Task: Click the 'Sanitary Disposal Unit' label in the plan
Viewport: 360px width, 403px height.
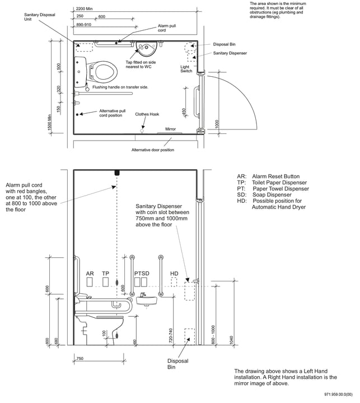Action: click(40, 17)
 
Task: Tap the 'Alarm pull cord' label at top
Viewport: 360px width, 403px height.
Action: click(166, 28)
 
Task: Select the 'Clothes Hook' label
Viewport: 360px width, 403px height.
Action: click(147, 114)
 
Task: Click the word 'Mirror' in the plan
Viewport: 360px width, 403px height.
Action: click(170, 129)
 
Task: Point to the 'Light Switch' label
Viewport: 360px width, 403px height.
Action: click(186, 68)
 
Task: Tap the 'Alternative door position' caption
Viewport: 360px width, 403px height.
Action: click(152, 150)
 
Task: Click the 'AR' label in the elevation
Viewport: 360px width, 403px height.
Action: click(90, 274)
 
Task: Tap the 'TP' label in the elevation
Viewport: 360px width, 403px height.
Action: click(106, 274)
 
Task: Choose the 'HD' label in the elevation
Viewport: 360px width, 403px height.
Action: click(174, 274)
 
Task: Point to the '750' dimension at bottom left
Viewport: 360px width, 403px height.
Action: click(80, 359)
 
